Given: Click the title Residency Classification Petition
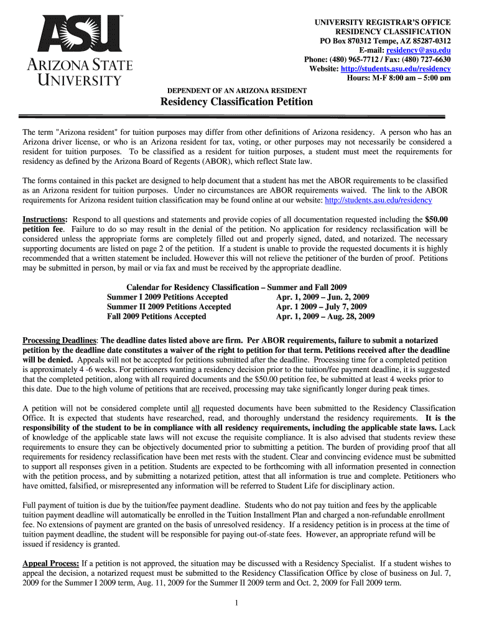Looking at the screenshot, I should (x=237, y=101).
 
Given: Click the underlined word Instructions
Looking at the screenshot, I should (x=45, y=220).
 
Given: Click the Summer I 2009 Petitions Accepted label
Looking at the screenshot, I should (x=167, y=297).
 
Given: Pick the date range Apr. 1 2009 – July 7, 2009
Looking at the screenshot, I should (x=322, y=307).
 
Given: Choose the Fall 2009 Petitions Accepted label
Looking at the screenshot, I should (x=156, y=316).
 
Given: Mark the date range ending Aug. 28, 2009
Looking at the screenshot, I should (x=325, y=316).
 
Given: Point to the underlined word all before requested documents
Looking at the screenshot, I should (x=195, y=408).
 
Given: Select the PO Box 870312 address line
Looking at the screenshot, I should (x=385, y=40).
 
